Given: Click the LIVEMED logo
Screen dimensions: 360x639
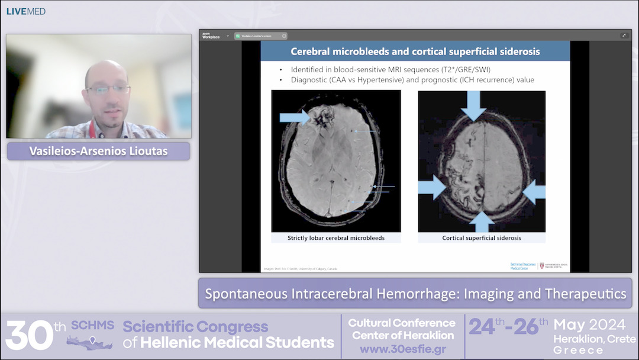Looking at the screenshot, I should pyautogui.click(x=26, y=11).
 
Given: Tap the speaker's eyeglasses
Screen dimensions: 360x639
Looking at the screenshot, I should pyautogui.click(x=108, y=89).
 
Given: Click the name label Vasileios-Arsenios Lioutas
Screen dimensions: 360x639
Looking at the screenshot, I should pyautogui.click(x=98, y=151).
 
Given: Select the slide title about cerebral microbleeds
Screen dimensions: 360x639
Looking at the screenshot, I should pyautogui.click(x=415, y=52).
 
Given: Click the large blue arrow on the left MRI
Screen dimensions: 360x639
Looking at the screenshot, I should pyautogui.click(x=294, y=117).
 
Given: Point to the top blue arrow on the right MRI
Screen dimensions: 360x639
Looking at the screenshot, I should pyautogui.click(x=473, y=105).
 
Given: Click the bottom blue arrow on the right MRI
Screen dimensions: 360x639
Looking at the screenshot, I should pyautogui.click(x=482, y=221).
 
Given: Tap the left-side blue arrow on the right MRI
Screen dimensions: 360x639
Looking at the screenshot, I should pyautogui.click(x=432, y=188).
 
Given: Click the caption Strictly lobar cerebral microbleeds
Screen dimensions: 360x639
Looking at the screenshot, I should pyautogui.click(x=336, y=238).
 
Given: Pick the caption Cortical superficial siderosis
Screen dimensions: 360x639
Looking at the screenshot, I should pyautogui.click(x=482, y=238).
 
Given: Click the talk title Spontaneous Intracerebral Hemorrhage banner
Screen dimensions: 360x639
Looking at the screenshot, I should pyautogui.click(x=415, y=294).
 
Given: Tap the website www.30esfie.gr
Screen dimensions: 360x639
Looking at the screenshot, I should pyautogui.click(x=402, y=349).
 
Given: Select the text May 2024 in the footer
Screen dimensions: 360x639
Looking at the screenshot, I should pyautogui.click(x=589, y=325).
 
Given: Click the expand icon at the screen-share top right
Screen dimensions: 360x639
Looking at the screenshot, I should pyautogui.click(x=624, y=36).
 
